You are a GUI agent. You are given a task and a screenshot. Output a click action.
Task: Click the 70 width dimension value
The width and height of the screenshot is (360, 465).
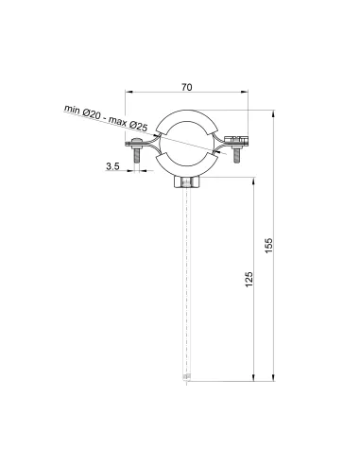click(187, 87)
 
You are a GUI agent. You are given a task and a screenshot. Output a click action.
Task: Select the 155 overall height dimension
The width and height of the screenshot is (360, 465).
click(268, 246)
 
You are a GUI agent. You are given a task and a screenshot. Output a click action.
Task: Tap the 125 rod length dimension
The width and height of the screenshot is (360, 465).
click(249, 279)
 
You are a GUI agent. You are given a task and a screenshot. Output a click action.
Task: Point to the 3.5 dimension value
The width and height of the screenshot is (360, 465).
click(112, 166)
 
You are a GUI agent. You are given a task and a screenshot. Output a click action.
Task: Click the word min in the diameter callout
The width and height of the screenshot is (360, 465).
click(72, 110)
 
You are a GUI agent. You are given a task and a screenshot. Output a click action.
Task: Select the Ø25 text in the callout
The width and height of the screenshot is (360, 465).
click(138, 126)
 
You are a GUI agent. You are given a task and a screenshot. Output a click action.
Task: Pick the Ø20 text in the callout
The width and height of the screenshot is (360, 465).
click(92, 114)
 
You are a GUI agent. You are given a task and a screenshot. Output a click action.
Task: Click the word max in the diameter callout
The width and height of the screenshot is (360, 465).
click(117, 121)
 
